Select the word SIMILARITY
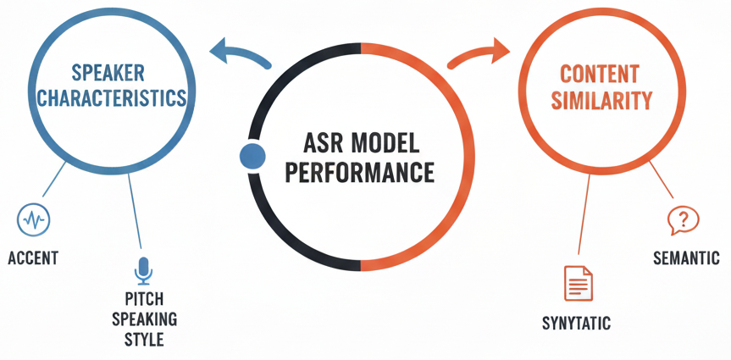coord(602,101)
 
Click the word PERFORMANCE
coord(359,173)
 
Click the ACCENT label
coord(33,258)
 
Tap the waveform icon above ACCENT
coord(33,220)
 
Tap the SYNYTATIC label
coord(576,324)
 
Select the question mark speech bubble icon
coord(683,220)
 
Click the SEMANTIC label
coord(686,258)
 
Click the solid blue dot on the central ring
coord(252,155)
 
